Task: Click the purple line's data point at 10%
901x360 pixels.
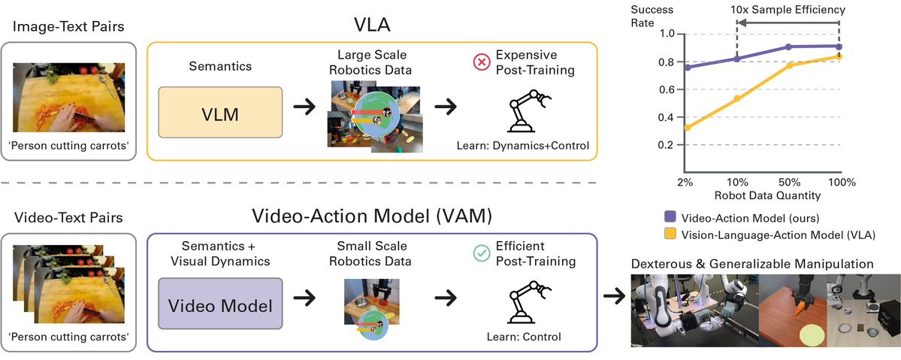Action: click(737, 59)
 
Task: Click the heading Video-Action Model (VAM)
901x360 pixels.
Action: click(373, 216)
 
